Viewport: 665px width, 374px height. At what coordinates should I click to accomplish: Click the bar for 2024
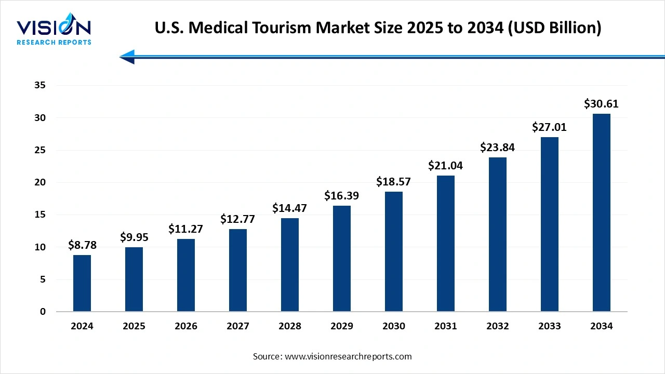coord(82,283)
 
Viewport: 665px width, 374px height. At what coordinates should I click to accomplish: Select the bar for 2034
coord(602,212)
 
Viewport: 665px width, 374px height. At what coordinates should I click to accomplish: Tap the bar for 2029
coord(342,259)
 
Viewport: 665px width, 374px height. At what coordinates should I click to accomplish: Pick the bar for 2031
coord(446,244)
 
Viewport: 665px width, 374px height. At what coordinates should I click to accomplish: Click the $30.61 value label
coord(602,104)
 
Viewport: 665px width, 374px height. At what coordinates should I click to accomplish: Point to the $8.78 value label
coord(82,245)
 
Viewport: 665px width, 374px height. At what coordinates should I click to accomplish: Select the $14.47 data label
coord(290,208)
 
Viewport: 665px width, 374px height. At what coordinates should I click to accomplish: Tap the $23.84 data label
coord(498,148)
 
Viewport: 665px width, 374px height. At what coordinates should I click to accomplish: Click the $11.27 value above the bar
coord(186,229)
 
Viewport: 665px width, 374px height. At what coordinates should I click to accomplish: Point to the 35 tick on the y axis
coord(41,86)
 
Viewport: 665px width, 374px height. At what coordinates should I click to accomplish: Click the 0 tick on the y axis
coord(43,312)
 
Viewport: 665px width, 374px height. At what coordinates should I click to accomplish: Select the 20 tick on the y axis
coord(41,182)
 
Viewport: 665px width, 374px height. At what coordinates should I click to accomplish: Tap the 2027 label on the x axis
coord(238,326)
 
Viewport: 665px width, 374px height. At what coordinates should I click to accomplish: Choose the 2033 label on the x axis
coord(550,326)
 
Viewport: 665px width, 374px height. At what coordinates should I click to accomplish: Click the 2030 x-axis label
coord(394,326)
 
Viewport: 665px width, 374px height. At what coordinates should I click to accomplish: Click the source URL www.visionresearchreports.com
coord(348,356)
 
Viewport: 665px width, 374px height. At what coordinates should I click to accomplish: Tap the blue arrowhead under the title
coord(127,57)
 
